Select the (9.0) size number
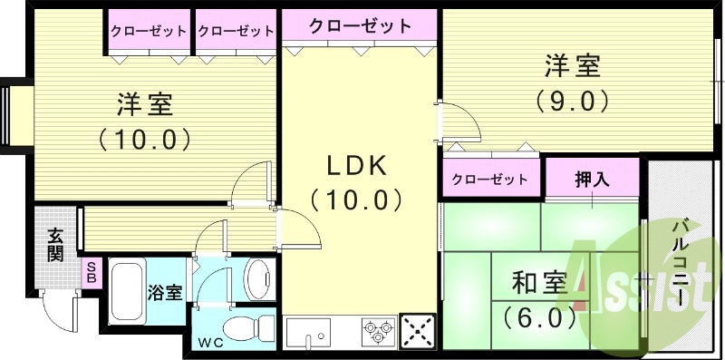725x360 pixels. (572, 100)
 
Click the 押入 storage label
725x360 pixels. (593, 179)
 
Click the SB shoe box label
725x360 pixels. (92, 272)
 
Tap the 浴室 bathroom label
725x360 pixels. (165, 293)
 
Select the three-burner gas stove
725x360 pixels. (378, 331)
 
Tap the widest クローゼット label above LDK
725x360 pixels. (359, 26)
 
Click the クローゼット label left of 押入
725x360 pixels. (489, 179)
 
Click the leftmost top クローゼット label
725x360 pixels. (149, 31)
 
